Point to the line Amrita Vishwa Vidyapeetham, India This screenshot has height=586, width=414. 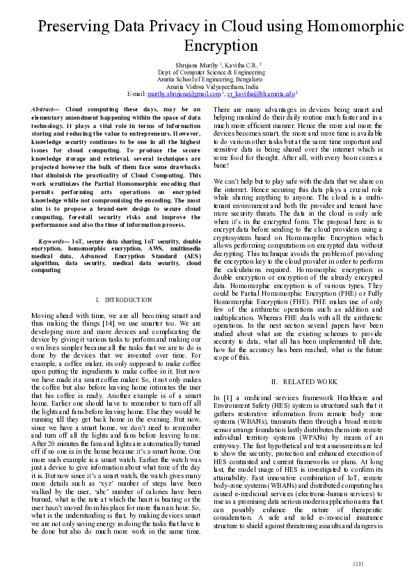click(207, 86)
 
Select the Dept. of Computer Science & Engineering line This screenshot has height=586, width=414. click(207, 71)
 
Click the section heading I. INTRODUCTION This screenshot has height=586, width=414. click(118, 299)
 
